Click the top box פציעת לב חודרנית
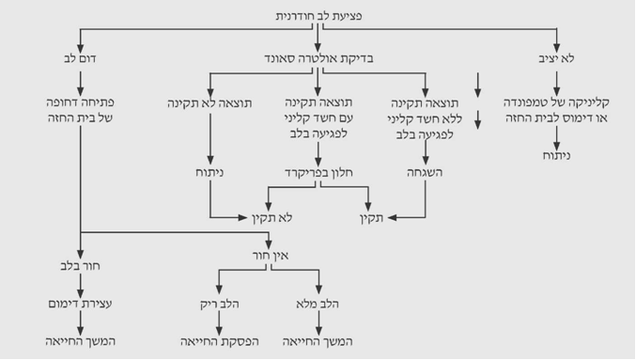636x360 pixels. [x=319, y=16]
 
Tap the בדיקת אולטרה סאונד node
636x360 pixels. [x=319, y=58]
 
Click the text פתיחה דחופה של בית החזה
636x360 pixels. [x=82, y=111]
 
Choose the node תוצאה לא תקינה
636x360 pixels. [x=209, y=102]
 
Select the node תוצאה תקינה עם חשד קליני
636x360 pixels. [x=319, y=118]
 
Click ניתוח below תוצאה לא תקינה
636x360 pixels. [x=209, y=173]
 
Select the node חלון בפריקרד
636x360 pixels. [x=319, y=173]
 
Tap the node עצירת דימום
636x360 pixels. [x=82, y=305]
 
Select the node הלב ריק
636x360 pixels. [x=220, y=305]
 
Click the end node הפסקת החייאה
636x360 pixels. [x=220, y=339]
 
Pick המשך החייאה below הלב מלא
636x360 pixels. [x=319, y=339]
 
